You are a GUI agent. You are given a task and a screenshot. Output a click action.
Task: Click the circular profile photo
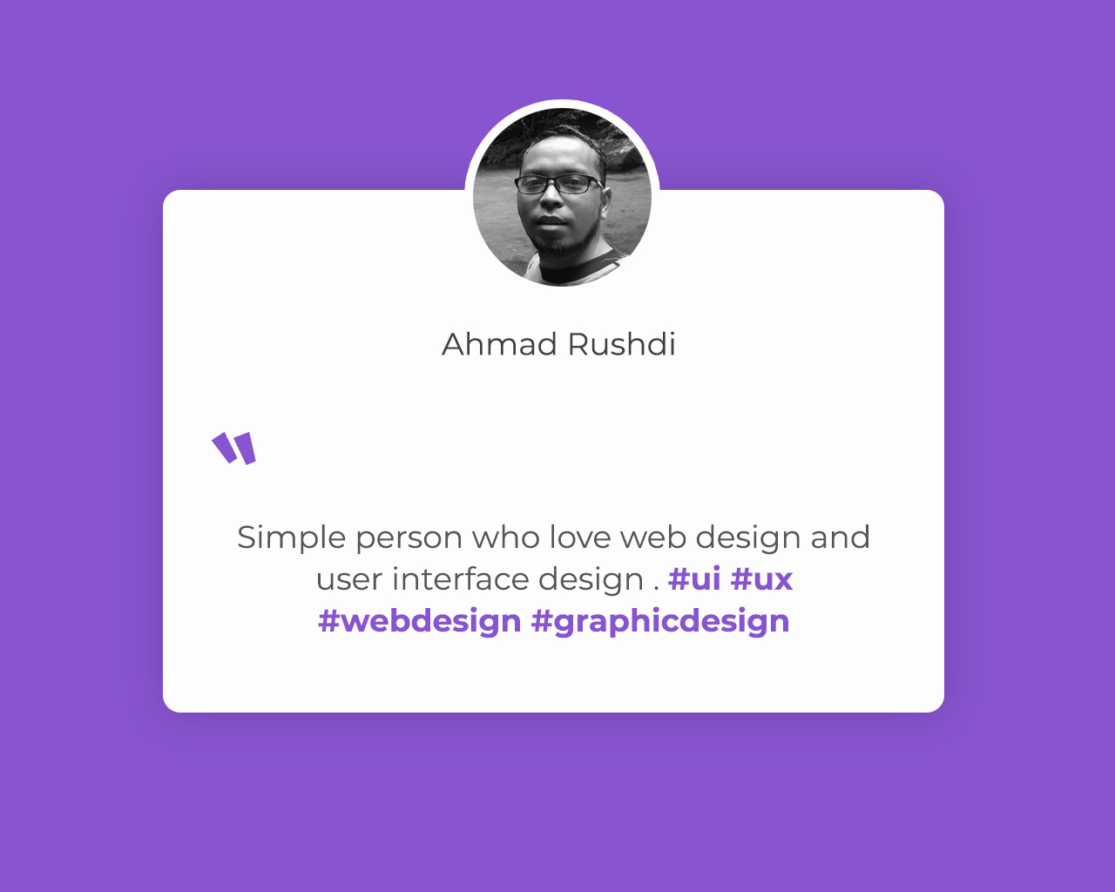(562, 197)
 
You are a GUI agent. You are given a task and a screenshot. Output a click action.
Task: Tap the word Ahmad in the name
(499, 344)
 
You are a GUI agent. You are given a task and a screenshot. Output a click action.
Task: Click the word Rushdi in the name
(622, 344)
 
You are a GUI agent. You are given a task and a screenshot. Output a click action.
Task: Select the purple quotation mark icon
(234, 448)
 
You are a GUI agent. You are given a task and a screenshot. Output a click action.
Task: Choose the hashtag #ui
(694, 578)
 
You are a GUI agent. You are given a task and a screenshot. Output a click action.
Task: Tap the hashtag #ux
(761, 579)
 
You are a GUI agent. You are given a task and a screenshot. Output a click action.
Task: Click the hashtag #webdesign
(419, 622)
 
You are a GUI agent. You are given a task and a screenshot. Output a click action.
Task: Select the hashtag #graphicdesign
(660, 622)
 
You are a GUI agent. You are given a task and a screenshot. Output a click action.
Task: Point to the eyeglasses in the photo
(558, 185)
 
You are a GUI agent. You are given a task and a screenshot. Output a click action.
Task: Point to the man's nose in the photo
(551, 198)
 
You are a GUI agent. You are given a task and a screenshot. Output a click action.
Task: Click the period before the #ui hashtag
(657, 589)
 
